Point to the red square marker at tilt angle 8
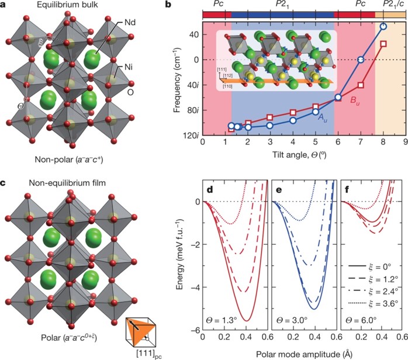click(383, 44)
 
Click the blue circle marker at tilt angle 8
click(383, 26)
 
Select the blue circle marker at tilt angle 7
click(361, 60)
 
